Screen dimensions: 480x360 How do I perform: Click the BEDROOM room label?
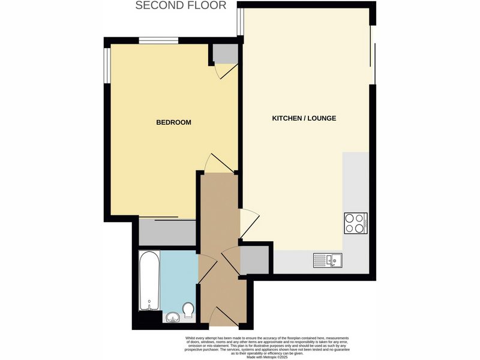tap(173, 122)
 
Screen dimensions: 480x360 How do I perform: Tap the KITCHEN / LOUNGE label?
tap(304, 118)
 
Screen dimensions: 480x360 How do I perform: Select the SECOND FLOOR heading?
tap(181, 5)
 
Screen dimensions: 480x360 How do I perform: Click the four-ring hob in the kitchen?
tap(356, 223)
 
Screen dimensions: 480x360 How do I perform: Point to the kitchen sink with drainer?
tap(328, 260)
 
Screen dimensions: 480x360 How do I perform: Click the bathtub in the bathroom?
tap(149, 280)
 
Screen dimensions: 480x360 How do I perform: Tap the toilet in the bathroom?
tap(188, 310)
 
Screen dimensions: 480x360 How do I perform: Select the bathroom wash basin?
tap(173, 317)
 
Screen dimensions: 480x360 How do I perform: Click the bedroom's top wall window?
tap(158, 41)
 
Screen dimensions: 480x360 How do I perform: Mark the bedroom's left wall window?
tap(107, 65)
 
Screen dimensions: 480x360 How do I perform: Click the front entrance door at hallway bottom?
tap(224, 316)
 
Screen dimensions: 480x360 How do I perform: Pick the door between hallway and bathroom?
tap(208, 268)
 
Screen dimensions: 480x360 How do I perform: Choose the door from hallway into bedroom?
tap(220, 163)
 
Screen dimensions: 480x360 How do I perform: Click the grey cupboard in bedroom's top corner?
tap(226, 53)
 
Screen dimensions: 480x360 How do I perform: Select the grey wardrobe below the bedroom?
tap(167, 232)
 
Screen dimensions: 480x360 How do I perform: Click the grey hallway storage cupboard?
tap(254, 260)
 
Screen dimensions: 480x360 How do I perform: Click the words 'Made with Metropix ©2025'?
tap(267, 357)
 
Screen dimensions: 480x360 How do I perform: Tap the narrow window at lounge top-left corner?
tap(241, 22)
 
